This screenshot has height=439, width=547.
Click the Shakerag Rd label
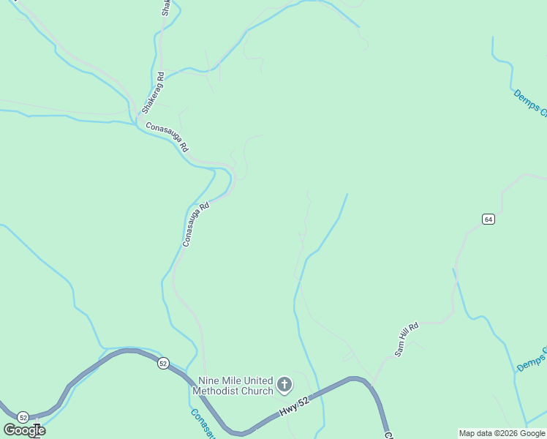point(154,92)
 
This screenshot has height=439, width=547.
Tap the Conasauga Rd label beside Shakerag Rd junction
point(167,136)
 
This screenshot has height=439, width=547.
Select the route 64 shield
point(488,219)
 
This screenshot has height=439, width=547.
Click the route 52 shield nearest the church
point(162,363)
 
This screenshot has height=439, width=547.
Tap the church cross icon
point(284,384)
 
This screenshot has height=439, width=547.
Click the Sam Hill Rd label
point(406,339)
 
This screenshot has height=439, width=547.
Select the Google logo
point(24,430)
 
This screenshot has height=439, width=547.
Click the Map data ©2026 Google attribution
point(501,433)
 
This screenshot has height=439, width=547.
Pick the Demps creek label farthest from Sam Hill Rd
point(529,103)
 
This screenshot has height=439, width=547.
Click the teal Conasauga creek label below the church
point(202,423)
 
